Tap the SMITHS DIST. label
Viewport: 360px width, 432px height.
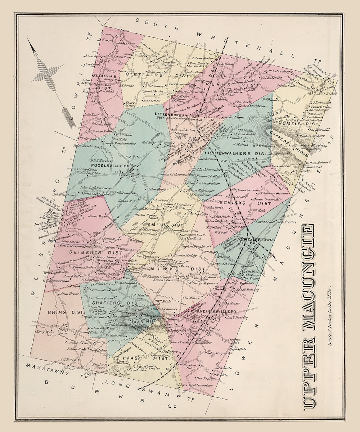[161, 225]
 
